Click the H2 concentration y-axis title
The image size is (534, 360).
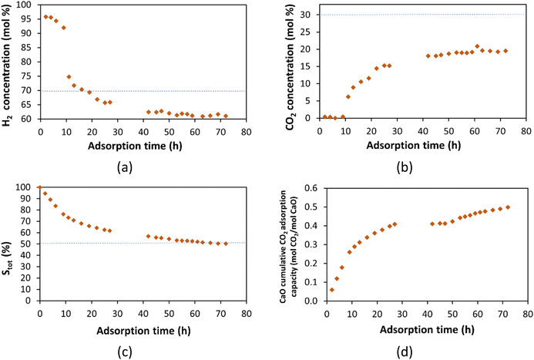(10, 62)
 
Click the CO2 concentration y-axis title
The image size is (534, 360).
(290, 62)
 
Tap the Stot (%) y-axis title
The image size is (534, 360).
(10, 244)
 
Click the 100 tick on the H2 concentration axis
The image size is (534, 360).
(28, 5)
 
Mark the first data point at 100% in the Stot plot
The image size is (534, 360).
(40, 187)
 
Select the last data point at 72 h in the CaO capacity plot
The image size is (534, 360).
(508, 207)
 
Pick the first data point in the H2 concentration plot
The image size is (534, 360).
(46, 16)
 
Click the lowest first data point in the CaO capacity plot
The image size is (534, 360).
(332, 290)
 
